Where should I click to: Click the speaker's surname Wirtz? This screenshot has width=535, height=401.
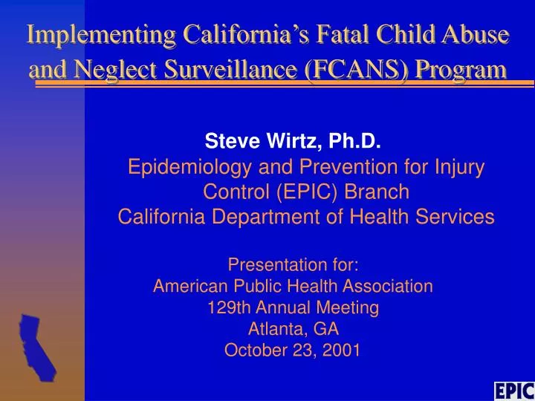[294, 140]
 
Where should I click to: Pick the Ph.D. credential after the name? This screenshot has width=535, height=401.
[354, 140]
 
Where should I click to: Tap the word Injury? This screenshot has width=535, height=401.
[459, 167]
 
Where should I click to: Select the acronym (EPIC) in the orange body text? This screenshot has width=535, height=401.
[306, 192]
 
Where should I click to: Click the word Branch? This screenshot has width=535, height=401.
[377, 192]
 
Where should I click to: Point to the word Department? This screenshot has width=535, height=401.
[266, 217]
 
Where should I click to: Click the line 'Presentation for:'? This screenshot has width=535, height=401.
[294, 264]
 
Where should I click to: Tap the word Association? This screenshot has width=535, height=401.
[388, 286]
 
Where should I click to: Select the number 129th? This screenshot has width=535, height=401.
[229, 307]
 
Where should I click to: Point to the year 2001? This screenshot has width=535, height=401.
[341, 351]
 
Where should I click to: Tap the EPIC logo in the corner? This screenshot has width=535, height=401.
[514, 391]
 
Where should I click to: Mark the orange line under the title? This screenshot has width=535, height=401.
[285, 84]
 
